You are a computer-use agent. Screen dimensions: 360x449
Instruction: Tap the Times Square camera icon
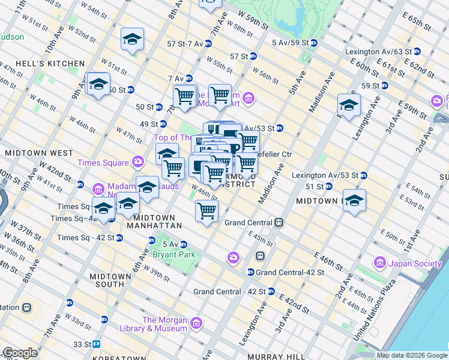[139, 162]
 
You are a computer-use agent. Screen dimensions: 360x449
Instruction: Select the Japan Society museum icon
[379, 262]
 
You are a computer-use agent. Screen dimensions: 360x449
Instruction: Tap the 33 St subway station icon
[96, 344]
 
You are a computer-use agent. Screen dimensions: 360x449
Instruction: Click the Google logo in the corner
[20, 353]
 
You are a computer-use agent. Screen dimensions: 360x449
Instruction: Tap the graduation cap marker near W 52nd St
[132, 40]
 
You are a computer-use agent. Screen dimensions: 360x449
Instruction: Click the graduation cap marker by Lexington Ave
[349, 105]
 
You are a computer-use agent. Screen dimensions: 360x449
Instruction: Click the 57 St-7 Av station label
[184, 44]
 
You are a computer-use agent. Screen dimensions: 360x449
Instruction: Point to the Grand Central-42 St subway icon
[250, 272]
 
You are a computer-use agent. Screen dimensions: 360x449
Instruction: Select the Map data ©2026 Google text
[412, 355]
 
